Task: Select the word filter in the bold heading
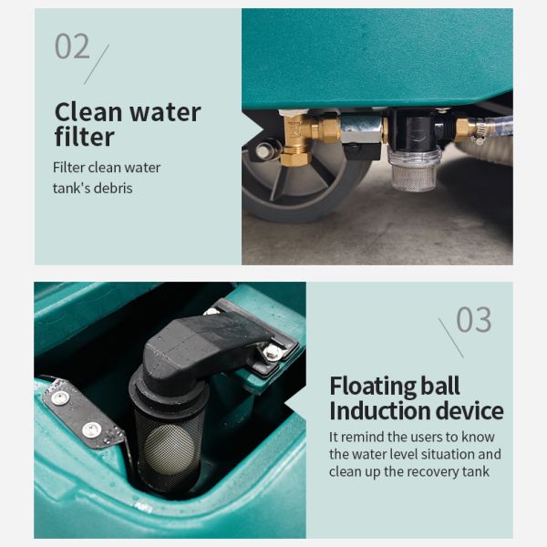[x=84, y=137]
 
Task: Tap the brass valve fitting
[x=299, y=137]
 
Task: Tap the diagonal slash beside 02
[x=96, y=64]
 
